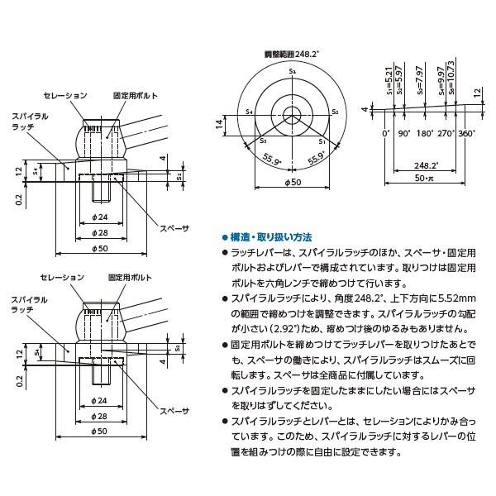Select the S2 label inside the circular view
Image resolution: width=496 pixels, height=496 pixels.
tap(333, 110)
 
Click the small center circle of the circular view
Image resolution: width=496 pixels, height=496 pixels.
tap(293, 113)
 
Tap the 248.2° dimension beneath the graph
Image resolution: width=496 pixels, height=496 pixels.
tap(427, 165)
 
